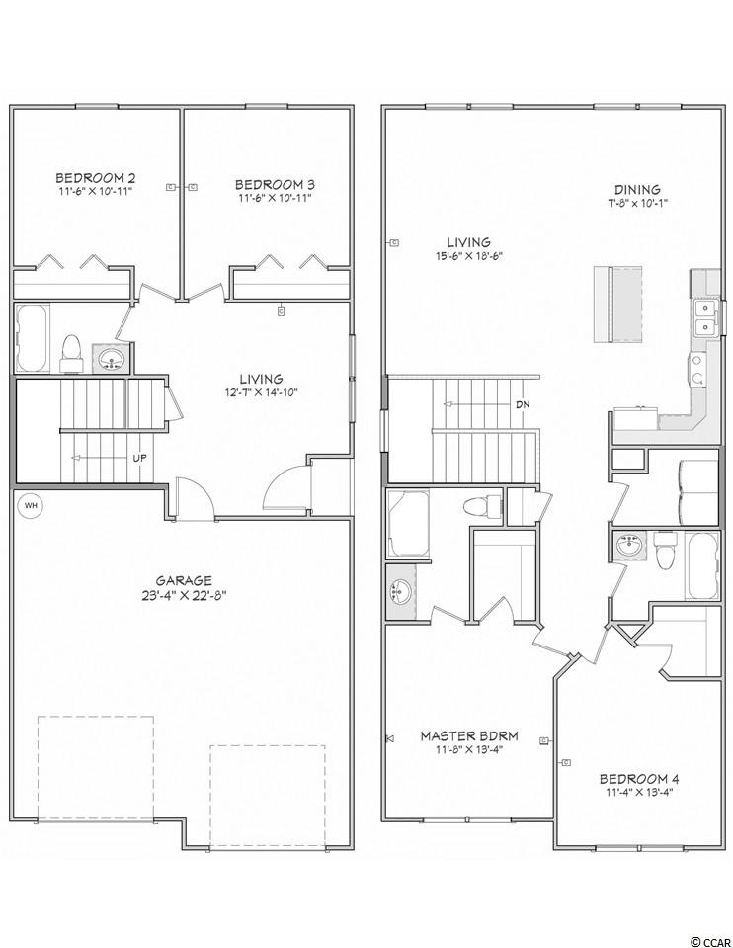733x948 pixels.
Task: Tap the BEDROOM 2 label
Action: point(96,178)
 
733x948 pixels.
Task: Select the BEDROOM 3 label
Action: point(275,185)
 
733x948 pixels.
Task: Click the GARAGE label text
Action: point(185,581)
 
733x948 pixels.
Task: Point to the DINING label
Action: point(637,190)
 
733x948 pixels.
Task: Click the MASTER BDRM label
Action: point(469,736)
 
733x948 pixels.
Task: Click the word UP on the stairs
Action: point(139,458)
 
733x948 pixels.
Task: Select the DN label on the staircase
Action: point(523,405)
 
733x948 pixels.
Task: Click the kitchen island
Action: point(617,304)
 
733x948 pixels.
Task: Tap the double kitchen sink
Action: point(704,318)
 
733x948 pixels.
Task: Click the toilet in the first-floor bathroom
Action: point(71,353)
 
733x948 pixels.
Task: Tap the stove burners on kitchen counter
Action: point(697,369)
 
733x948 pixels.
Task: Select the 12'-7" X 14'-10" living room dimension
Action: point(261,392)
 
